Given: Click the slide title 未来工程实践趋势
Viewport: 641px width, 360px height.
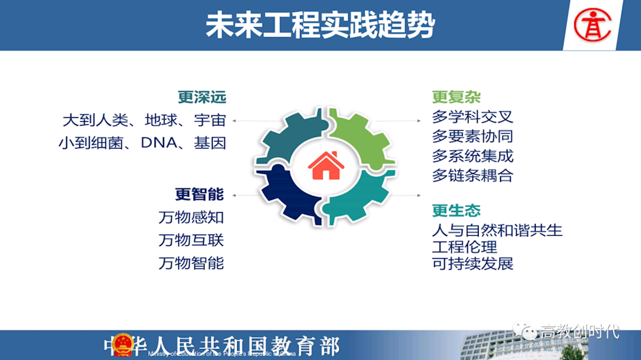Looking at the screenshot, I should click(320, 26).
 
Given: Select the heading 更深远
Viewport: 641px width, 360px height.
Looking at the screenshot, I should click(202, 97).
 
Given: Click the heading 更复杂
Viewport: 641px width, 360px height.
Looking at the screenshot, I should click(456, 97).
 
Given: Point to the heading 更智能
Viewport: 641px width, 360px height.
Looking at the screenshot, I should click(199, 194).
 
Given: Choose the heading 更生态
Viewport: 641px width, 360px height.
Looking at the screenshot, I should click(456, 211).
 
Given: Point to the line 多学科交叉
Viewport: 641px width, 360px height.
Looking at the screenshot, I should click(472, 117).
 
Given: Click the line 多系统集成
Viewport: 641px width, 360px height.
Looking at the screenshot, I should click(472, 156).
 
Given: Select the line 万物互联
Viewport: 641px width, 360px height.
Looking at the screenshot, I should click(191, 240).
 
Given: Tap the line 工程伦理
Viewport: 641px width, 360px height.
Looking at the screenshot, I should click(465, 247).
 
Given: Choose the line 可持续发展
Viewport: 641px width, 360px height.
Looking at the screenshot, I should click(472, 263).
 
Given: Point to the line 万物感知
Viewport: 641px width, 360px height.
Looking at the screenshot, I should click(191, 218).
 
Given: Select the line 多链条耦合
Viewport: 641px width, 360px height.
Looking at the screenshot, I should click(472, 176).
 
